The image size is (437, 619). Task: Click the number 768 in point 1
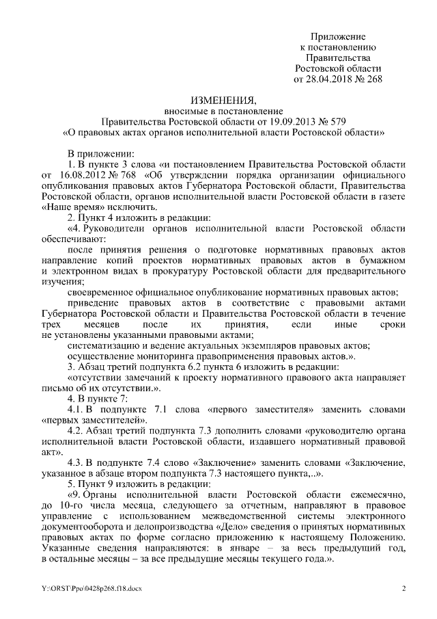(130, 174)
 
